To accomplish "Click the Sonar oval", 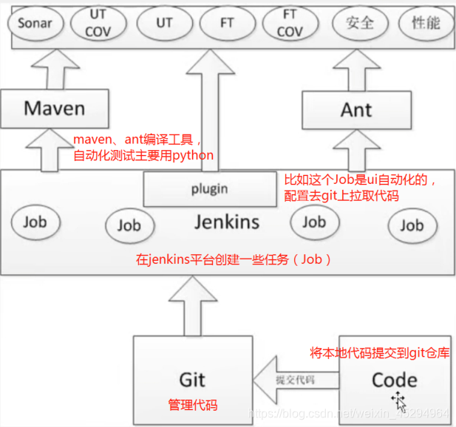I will point(35,23).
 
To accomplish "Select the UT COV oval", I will point(98,23).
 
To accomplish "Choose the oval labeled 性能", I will point(425,23).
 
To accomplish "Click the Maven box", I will point(55,109).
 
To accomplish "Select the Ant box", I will point(356,109).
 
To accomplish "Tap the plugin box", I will point(209,188).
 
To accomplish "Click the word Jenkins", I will point(226,221).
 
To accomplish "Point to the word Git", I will point(192,380).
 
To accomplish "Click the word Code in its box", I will point(393,380).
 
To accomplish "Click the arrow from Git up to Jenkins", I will point(192,307).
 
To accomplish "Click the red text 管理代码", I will point(193,405).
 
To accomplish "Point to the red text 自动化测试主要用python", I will point(143,155).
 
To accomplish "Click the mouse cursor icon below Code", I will point(400,400).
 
